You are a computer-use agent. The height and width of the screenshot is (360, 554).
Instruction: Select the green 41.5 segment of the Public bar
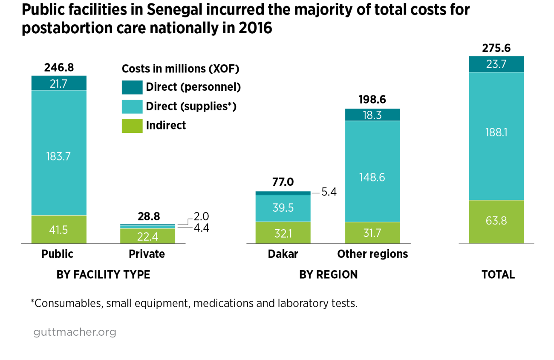[x=59, y=230]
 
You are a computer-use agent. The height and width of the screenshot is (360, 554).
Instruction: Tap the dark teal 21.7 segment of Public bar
[x=59, y=83]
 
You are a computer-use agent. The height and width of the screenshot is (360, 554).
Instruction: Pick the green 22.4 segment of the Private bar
[x=147, y=236]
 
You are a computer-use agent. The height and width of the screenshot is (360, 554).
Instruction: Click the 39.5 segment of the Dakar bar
[x=283, y=208]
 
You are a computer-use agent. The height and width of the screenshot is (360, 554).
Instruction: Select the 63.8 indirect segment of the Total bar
[x=496, y=222]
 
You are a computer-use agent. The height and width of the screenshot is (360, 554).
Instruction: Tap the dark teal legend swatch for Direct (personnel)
[x=132, y=87]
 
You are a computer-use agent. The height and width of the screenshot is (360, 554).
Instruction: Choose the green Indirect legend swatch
[x=132, y=126]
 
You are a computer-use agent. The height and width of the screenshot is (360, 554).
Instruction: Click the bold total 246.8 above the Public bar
[x=59, y=68]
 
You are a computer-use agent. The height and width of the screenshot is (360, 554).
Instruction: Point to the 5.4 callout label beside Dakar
[x=329, y=193]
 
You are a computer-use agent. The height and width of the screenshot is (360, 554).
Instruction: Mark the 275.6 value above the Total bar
[x=496, y=48]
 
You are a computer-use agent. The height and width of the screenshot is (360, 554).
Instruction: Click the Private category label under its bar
[x=147, y=254]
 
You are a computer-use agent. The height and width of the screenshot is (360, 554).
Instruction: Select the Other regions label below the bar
[x=372, y=254]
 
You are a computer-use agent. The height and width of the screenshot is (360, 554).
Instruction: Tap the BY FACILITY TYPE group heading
[x=103, y=275]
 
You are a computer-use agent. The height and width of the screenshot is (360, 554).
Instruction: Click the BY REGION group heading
[x=328, y=275]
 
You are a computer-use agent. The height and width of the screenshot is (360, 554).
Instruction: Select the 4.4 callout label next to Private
[x=201, y=228]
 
